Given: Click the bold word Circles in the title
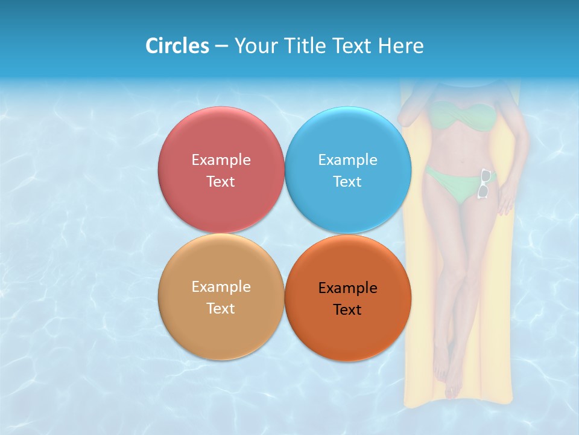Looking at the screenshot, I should (x=177, y=46).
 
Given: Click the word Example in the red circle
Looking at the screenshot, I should (x=221, y=160).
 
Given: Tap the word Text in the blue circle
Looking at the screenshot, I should (x=347, y=182).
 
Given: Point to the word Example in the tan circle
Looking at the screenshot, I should (x=221, y=287).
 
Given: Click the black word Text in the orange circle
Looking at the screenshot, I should (x=347, y=310).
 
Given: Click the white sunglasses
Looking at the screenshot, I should (x=484, y=184).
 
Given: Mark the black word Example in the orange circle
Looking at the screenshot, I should (x=347, y=288).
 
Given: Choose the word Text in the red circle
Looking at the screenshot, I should (x=221, y=182).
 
